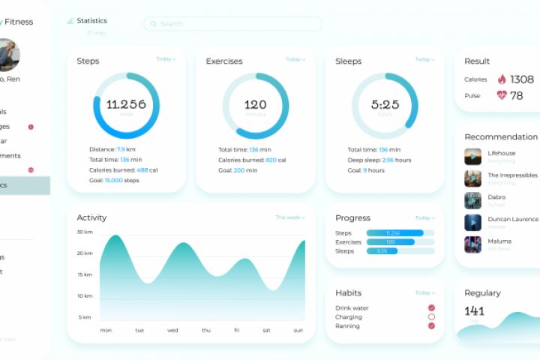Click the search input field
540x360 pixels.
[x=232, y=24]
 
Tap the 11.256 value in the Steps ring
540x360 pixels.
[x=126, y=104]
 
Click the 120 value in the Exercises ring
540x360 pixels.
[x=255, y=104]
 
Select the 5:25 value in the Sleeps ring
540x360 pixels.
[x=385, y=104]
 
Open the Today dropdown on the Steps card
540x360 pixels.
[x=166, y=59]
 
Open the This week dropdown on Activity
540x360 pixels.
[x=290, y=217]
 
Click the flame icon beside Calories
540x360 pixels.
[x=502, y=79]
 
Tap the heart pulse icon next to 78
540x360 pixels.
[x=502, y=95]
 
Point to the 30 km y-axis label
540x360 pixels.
[x=84, y=232]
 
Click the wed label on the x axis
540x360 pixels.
[x=172, y=330]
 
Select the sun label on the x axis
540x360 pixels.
[x=298, y=330]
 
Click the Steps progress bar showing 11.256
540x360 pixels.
[x=400, y=233]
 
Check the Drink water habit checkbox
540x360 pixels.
[x=431, y=308]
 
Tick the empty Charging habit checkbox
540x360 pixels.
[x=431, y=317]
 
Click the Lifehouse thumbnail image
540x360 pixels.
[x=472, y=156]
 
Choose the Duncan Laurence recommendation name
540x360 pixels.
[x=513, y=219]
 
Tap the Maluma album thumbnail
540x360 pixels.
[x=472, y=244]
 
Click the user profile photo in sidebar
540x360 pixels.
[x=7, y=54]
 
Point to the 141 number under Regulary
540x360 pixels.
[x=474, y=310]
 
